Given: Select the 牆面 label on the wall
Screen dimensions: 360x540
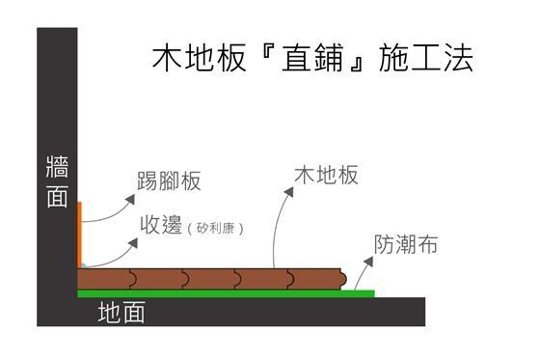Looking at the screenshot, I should [x=57, y=180].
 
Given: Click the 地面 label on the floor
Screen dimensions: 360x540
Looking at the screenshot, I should [x=121, y=313].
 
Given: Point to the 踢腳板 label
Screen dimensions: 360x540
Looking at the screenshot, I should [x=168, y=181].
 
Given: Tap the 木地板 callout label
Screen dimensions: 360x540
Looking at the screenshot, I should [x=327, y=175].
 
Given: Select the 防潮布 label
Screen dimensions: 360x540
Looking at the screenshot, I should [x=406, y=245].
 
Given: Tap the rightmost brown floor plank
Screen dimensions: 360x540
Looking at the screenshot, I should [x=317, y=278].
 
